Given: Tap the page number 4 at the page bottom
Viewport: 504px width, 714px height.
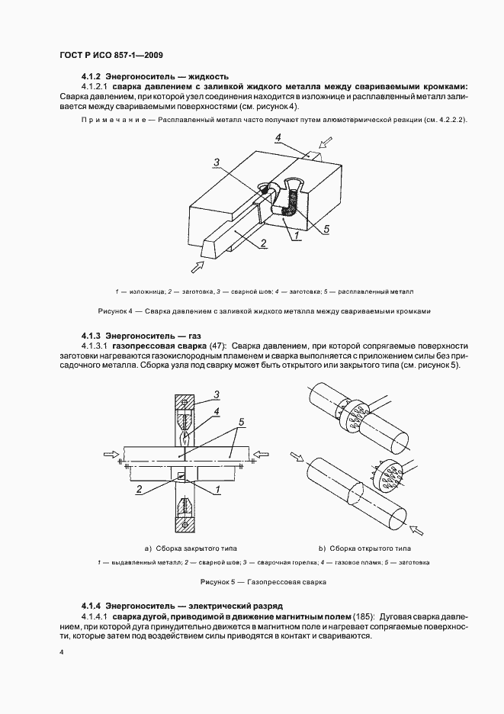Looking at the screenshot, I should pyautogui.click(x=60, y=653).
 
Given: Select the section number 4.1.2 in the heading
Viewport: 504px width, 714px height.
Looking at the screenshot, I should pyautogui.click(x=91, y=76).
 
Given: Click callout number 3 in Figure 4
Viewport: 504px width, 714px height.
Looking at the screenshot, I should pyautogui.click(x=217, y=162).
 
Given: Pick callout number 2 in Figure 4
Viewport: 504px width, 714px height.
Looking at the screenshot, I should pyautogui.click(x=263, y=243).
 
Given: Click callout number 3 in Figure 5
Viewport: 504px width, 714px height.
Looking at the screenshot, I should pyautogui.click(x=217, y=394).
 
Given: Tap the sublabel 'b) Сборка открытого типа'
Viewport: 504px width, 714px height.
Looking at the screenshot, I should pyautogui.click(x=365, y=548).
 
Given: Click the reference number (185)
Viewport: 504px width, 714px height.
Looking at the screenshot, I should pyautogui.click(x=363, y=615).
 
